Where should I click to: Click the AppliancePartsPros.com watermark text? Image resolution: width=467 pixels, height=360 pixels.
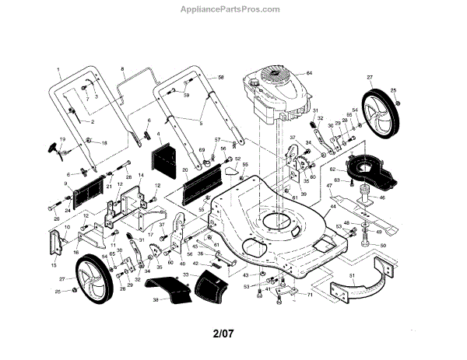[233, 10]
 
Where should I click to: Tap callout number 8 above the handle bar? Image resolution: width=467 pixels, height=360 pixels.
[122, 71]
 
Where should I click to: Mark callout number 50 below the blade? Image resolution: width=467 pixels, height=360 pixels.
[382, 245]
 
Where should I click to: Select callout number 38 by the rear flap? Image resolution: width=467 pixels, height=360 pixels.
[155, 299]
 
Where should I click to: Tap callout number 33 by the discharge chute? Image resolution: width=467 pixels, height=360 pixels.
[186, 275]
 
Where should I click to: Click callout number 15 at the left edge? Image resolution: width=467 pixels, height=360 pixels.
[54, 264]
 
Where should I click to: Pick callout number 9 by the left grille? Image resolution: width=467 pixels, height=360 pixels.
[66, 183]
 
